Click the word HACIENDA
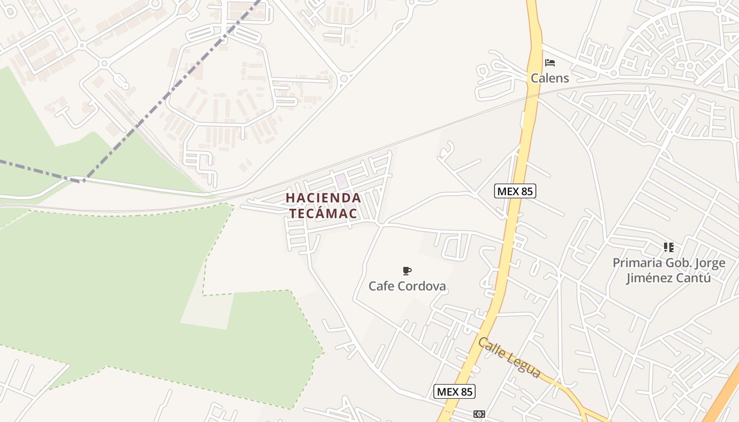point(323,198)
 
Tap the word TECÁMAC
point(323,214)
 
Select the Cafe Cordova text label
point(407,286)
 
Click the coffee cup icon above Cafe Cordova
point(406,271)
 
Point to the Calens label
point(549,78)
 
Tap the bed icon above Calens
point(550,63)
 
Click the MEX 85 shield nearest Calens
point(515,191)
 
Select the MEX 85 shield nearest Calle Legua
point(454,391)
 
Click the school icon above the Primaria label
point(668,247)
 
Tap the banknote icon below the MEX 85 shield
point(479,414)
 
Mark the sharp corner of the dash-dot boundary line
point(83,181)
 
